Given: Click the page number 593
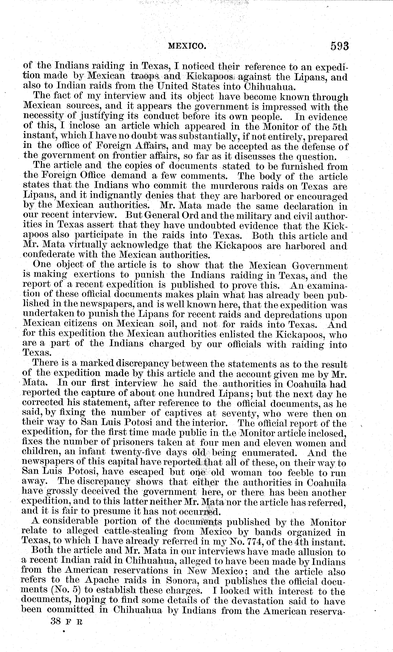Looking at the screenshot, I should tap(339, 46).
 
